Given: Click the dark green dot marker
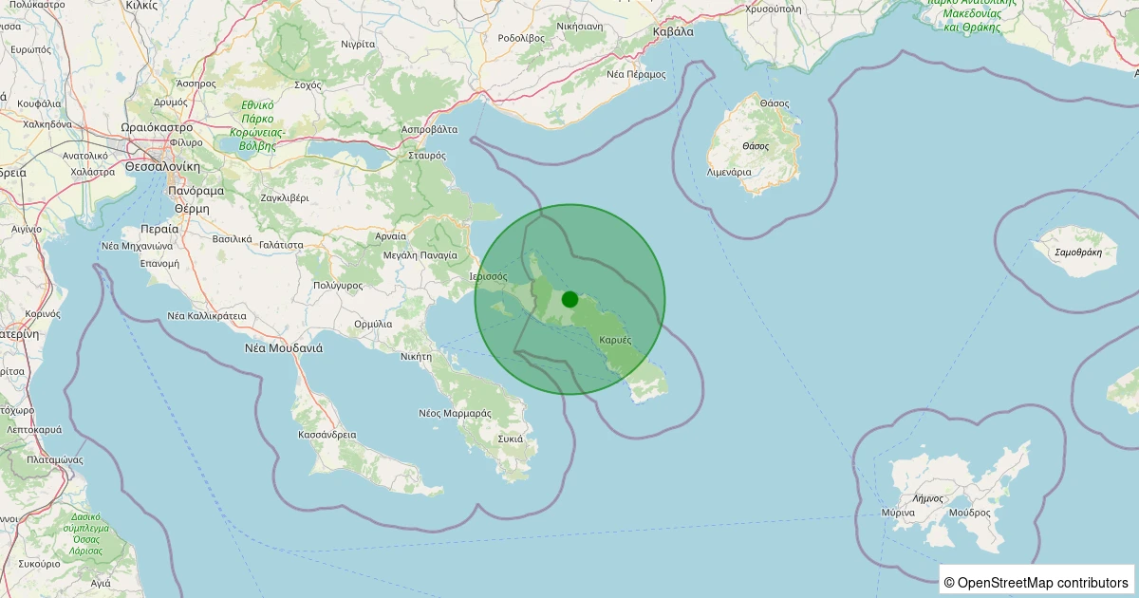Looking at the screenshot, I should (x=569, y=299).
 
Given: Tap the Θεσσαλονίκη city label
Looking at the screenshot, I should (x=162, y=166).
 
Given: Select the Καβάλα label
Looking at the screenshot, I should (x=674, y=31).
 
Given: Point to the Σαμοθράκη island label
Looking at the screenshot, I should (x=1078, y=252).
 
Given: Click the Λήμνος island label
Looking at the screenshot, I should (x=926, y=497).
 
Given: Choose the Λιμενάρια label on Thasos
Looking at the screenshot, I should (x=730, y=173).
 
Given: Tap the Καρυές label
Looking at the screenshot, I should (x=616, y=340).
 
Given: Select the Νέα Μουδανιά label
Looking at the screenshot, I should (x=284, y=347).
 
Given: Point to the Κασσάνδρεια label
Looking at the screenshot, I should (x=327, y=435).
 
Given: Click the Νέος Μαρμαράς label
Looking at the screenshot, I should (x=455, y=413).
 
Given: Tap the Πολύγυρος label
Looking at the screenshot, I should (x=338, y=285).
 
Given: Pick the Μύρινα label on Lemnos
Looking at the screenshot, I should (x=898, y=513).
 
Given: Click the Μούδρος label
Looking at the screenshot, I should (x=967, y=513).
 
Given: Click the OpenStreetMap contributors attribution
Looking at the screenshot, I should (x=1036, y=582).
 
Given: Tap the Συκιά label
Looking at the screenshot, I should (x=511, y=439).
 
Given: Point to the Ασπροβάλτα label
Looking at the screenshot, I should (x=430, y=129).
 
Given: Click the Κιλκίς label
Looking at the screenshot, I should (x=142, y=5).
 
